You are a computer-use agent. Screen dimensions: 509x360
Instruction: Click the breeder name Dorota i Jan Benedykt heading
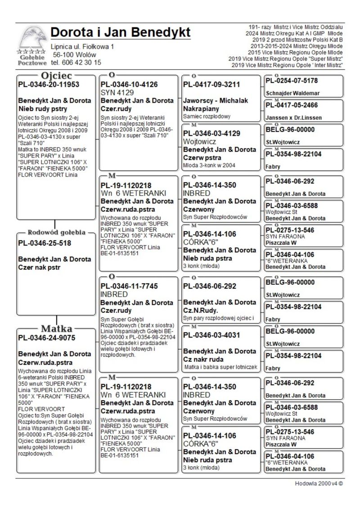[121, 32]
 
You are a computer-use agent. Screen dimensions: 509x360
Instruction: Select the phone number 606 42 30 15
[81, 63]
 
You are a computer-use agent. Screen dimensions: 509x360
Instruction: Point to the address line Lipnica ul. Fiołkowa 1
[82, 46]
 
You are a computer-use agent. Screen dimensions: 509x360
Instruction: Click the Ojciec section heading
[57, 75]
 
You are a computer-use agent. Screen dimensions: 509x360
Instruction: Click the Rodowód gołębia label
[57, 233]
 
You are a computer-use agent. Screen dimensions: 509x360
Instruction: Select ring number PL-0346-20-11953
[49, 85]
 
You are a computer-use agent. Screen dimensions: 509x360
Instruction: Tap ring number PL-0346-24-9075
[47, 338]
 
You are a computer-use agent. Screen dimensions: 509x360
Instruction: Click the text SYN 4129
[117, 92]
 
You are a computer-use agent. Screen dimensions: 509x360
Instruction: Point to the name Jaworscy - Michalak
[216, 100]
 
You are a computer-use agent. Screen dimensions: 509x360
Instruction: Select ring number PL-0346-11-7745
[129, 286]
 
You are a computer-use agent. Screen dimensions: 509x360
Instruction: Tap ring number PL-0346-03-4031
[211, 335]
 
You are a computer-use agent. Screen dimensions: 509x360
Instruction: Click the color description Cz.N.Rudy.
[201, 311]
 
